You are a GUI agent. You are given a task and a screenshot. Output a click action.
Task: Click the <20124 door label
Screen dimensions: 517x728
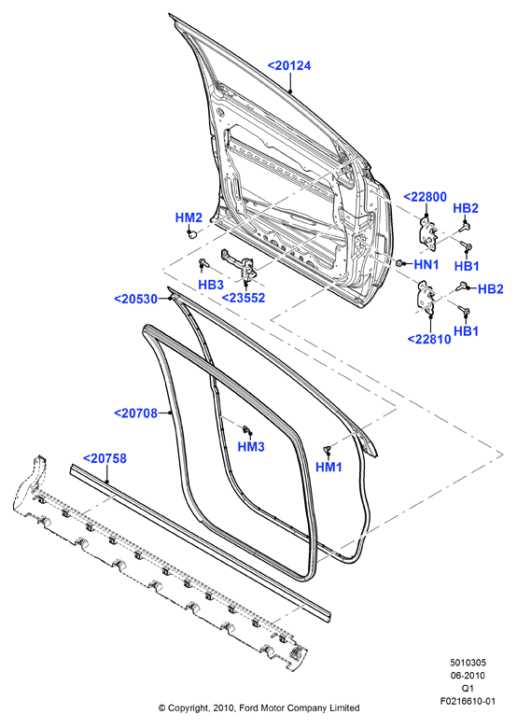click(x=289, y=66)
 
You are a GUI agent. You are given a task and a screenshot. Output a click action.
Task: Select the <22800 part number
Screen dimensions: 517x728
click(x=425, y=197)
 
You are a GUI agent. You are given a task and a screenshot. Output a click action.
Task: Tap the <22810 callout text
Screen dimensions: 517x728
click(x=429, y=340)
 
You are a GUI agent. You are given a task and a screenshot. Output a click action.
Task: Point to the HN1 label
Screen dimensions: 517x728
click(x=426, y=265)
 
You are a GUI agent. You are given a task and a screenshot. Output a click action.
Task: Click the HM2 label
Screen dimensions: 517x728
click(x=189, y=217)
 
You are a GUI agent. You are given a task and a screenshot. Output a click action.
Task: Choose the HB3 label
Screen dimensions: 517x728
click(x=211, y=285)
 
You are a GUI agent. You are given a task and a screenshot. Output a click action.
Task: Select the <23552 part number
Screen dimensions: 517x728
click(x=244, y=298)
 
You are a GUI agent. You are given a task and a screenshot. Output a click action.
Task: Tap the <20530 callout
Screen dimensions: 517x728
click(x=136, y=299)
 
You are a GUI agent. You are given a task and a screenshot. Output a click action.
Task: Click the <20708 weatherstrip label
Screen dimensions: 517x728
click(x=136, y=413)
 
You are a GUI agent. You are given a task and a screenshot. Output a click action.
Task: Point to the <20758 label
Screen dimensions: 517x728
click(x=105, y=458)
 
